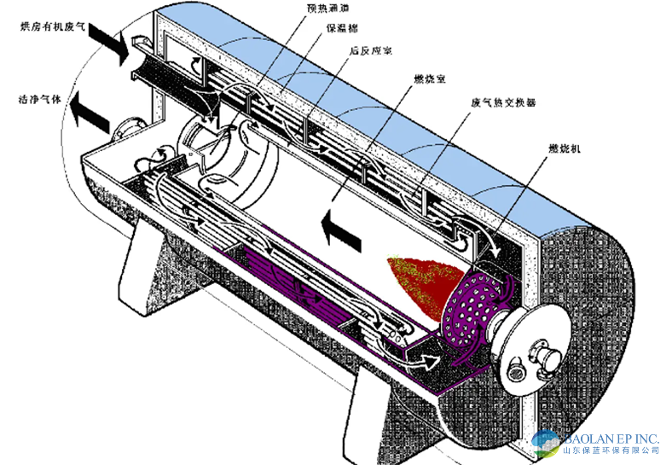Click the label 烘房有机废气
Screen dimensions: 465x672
coord(50,28)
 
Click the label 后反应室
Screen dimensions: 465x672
coord(370,51)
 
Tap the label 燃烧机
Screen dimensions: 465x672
coord(563,149)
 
